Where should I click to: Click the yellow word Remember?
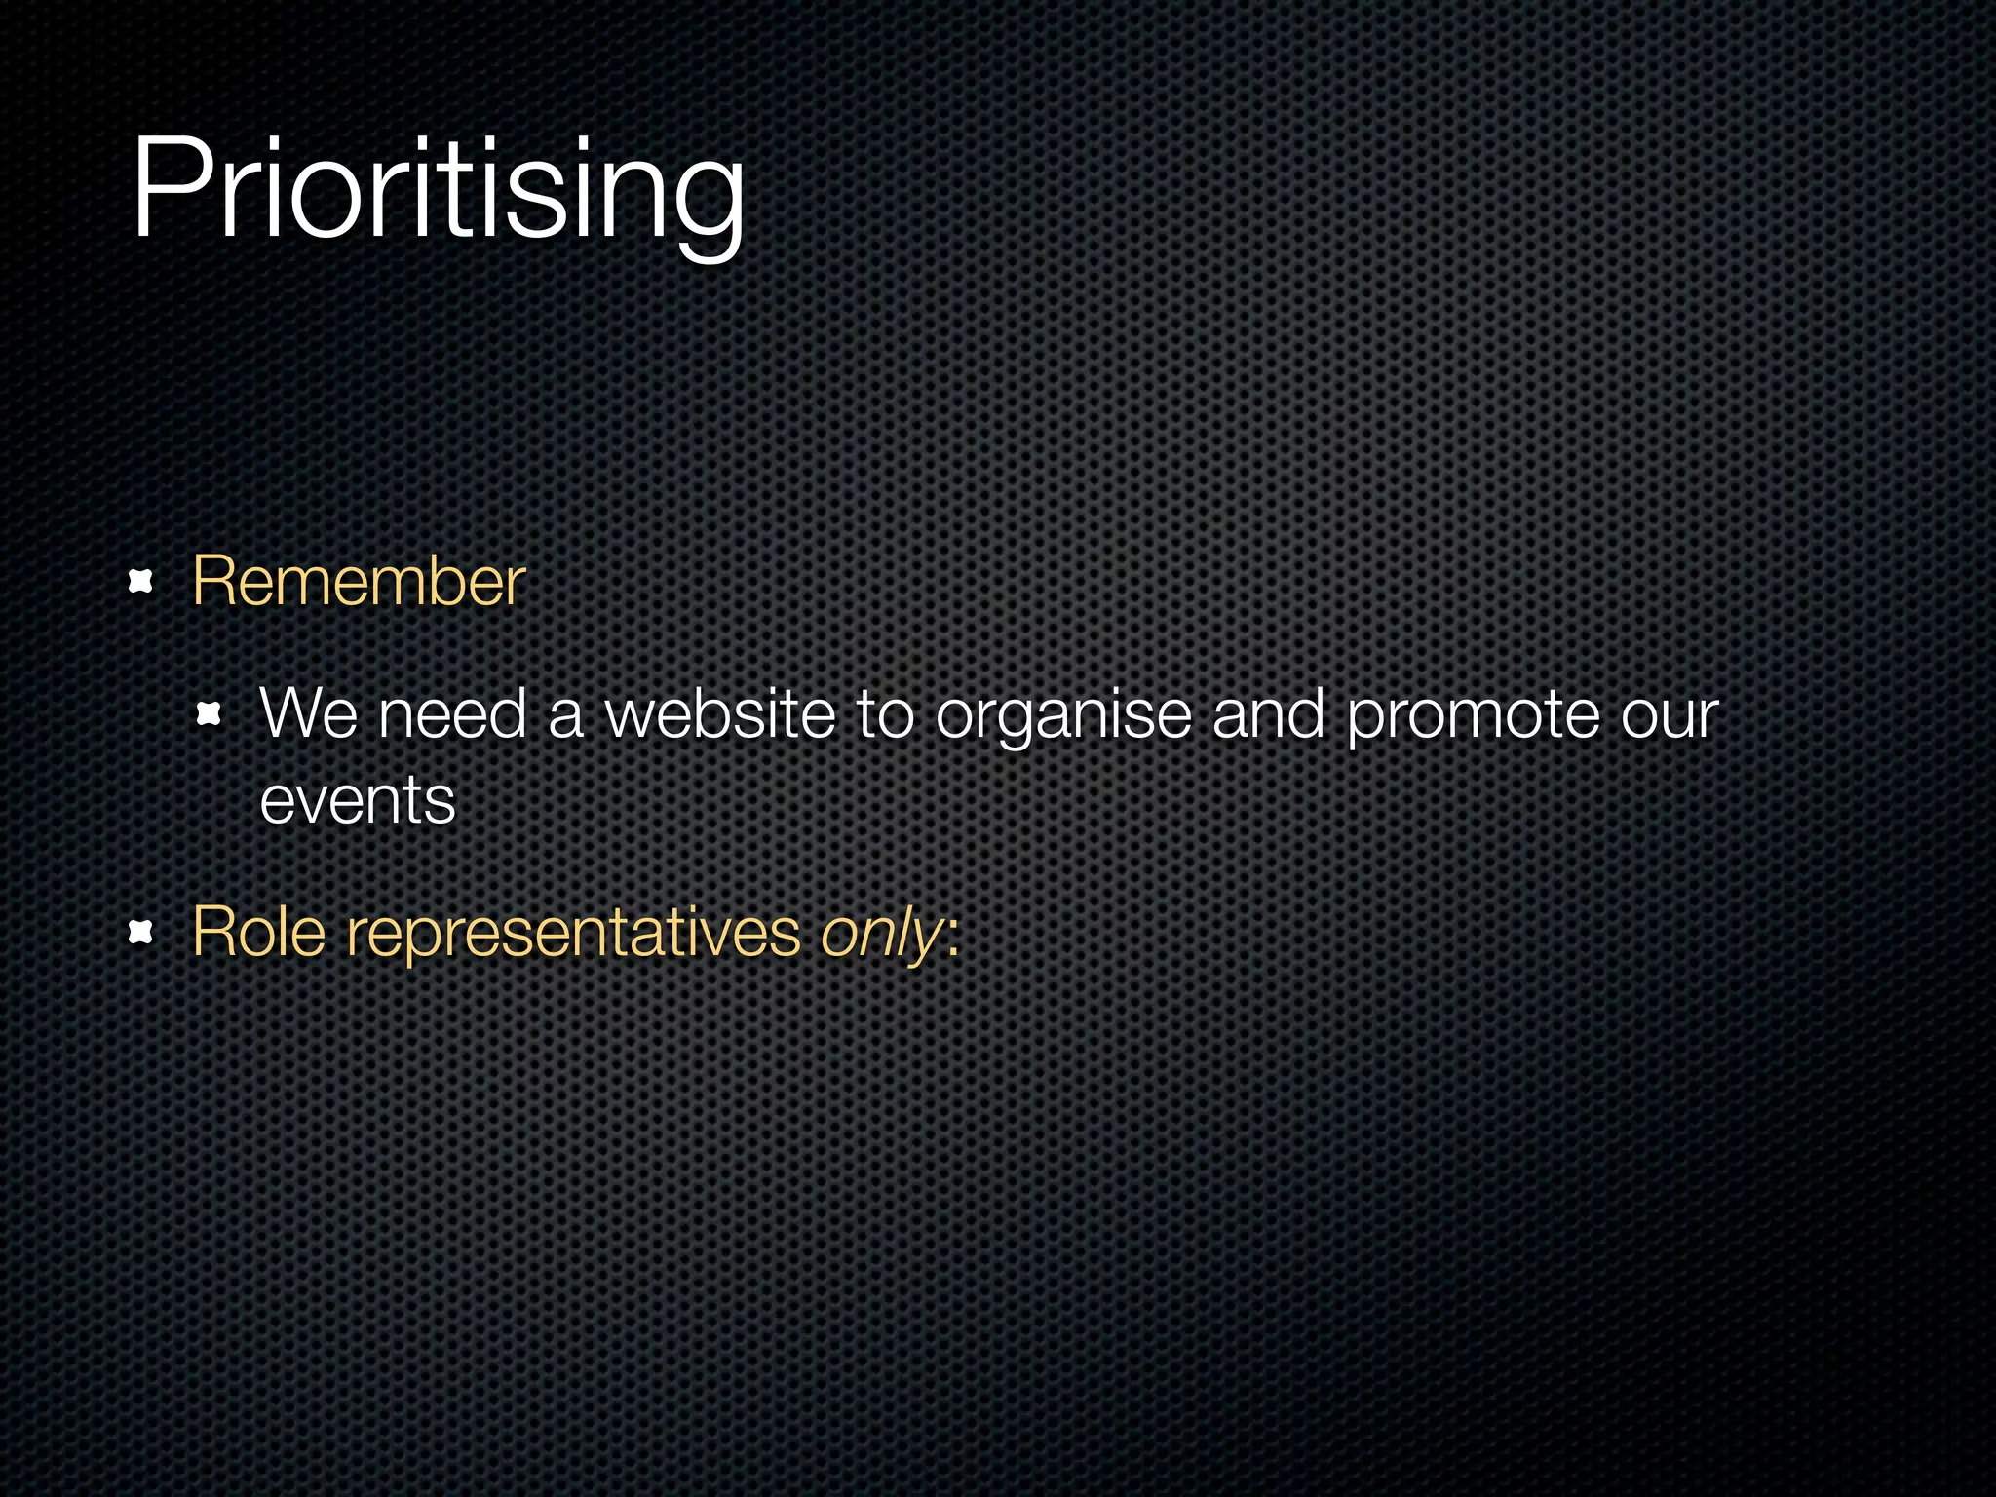click(359, 582)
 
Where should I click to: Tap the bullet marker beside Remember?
click(142, 583)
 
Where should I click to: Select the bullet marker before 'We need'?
click(209, 716)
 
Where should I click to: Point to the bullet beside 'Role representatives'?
click(142, 933)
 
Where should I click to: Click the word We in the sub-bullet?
click(309, 714)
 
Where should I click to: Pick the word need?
click(452, 714)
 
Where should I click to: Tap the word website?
click(719, 714)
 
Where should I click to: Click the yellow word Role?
click(258, 933)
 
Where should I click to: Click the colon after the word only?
click(953, 938)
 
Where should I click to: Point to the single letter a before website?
click(565, 717)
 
